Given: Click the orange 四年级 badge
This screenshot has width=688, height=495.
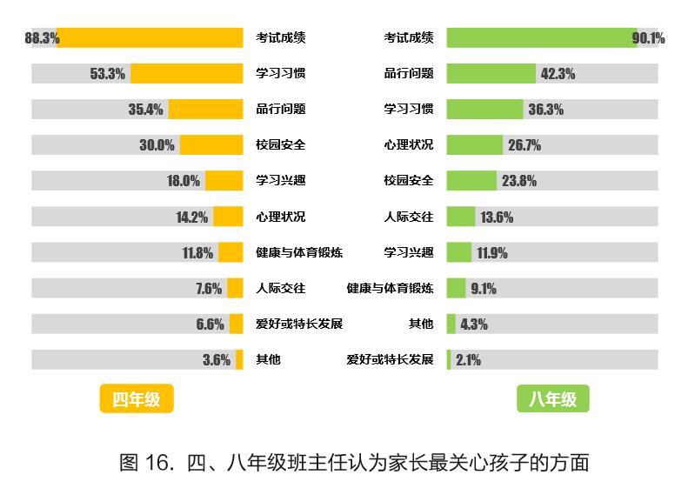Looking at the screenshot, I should click(137, 399).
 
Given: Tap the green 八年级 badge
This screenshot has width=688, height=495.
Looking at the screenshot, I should click(552, 399).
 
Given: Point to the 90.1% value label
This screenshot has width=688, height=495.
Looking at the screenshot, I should click(649, 38).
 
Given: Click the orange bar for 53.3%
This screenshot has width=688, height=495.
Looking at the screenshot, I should click(186, 74).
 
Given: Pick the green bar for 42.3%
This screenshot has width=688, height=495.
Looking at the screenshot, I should click(491, 74).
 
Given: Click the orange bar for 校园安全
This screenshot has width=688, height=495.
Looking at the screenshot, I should click(211, 145).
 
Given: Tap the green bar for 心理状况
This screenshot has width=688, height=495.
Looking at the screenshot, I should click(474, 145).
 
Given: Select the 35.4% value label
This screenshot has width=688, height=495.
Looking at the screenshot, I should click(145, 110).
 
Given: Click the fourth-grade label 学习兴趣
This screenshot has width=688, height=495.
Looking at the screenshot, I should click(280, 181).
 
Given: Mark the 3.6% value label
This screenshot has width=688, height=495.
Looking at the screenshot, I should click(217, 359).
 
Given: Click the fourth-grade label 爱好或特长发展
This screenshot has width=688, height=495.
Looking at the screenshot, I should click(298, 324).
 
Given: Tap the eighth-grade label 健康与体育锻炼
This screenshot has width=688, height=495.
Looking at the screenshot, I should click(390, 288).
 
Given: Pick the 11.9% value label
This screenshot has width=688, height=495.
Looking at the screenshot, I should click(491, 253).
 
